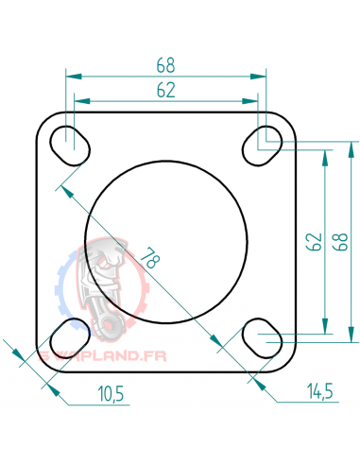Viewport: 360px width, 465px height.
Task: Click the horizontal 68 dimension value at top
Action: pos(165,66)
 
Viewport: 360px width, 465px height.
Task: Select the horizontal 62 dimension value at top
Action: pos(165,91)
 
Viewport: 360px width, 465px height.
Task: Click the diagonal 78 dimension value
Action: pos(148,256)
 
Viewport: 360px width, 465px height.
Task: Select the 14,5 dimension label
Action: pos(319,390)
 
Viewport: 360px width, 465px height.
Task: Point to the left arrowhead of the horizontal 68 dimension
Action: pos(70,76)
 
